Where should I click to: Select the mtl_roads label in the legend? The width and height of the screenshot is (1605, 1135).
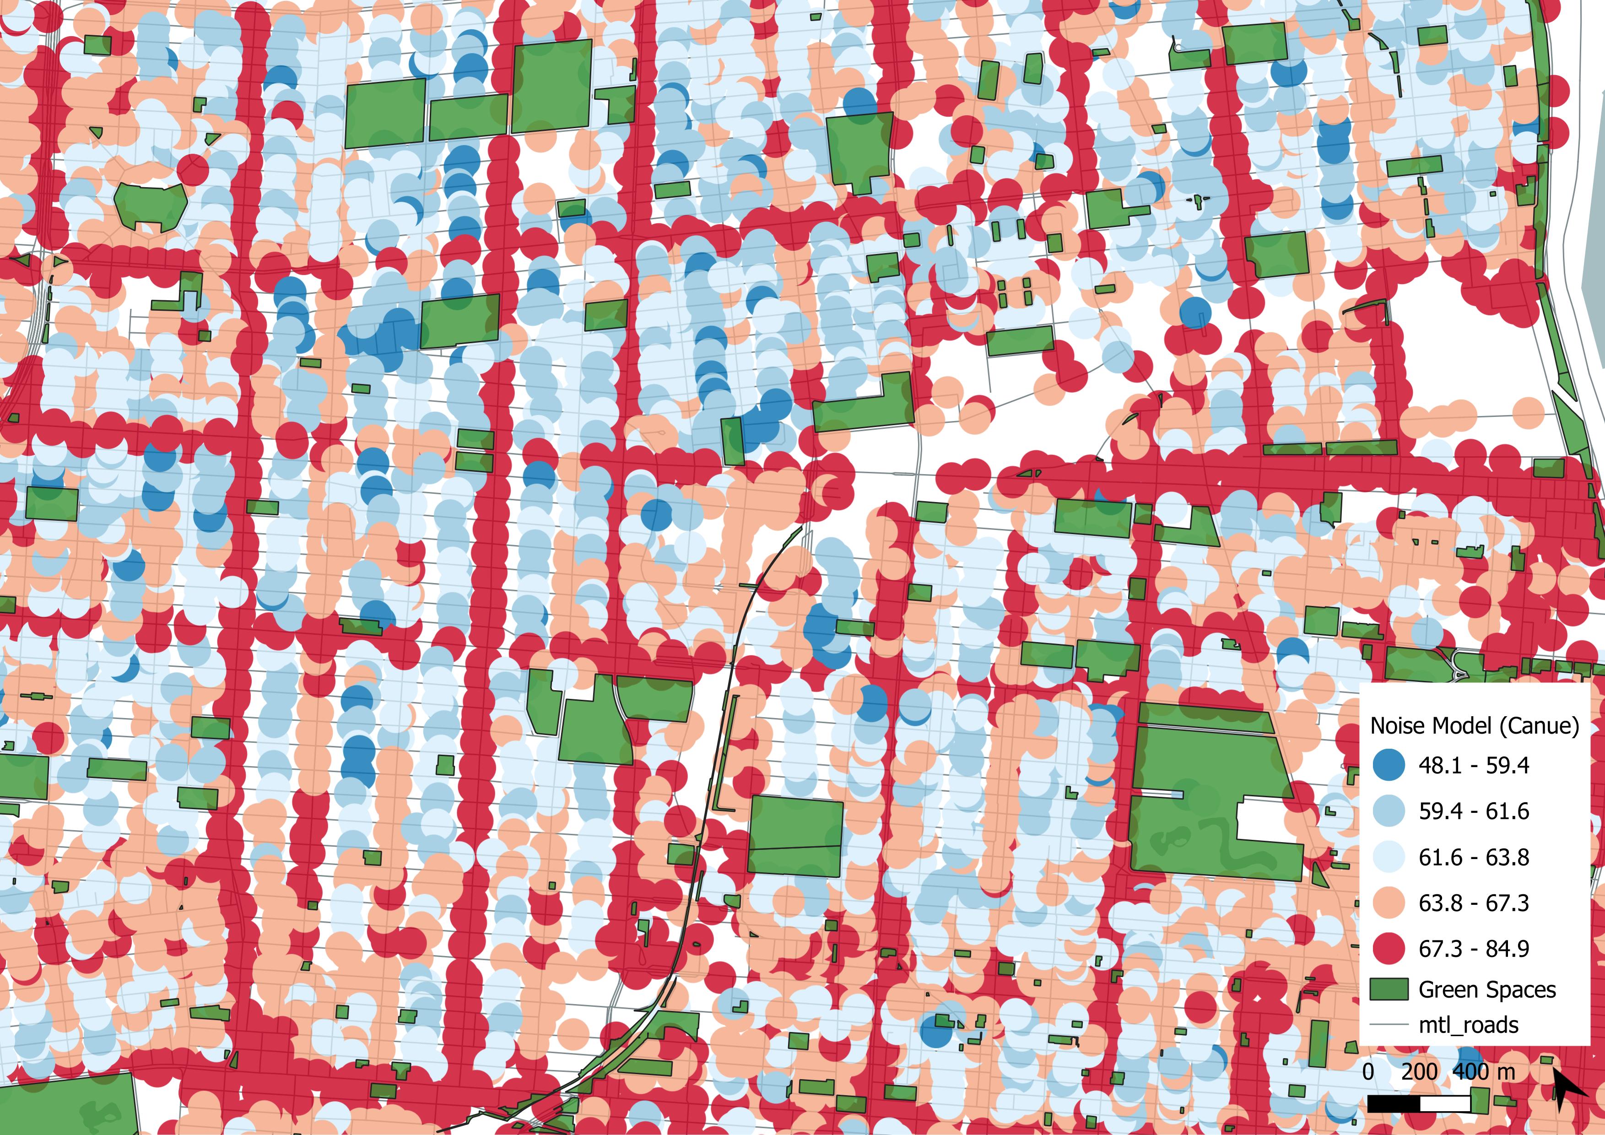(1468, 1025)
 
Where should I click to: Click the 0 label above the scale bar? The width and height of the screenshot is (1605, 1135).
(1368, 1071)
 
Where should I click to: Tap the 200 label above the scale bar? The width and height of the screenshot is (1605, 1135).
(1419, 1071)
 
